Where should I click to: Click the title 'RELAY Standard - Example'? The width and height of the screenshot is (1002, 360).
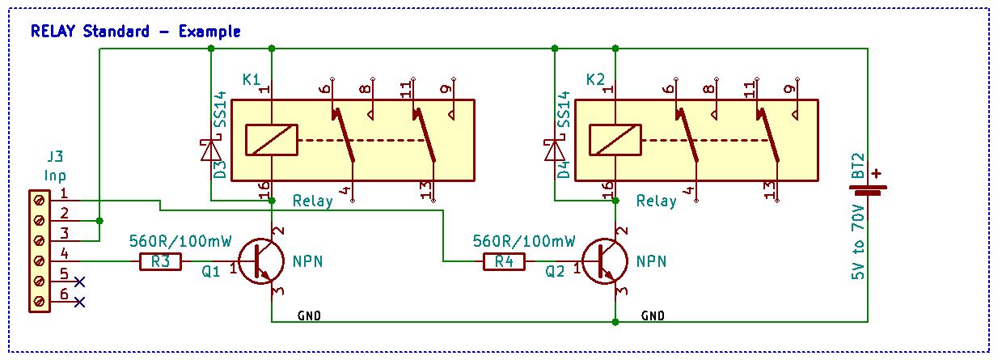[x=135, y=32]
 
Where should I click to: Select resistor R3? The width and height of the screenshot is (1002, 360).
[x=160, y=261]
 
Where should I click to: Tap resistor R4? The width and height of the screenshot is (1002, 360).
[x=504, y=261]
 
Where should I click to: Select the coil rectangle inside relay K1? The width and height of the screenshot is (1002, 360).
[x=271, y=140]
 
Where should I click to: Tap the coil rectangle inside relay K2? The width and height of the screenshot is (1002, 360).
[x=615, y=140]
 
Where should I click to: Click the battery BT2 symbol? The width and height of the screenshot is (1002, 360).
[x=867, y=190]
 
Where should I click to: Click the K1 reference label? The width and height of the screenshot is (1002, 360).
[x=252, y=79]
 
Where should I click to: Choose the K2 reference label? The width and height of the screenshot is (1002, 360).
[x=595, y=79]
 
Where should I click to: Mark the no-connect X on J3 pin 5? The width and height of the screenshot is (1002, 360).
[x=79, y=282]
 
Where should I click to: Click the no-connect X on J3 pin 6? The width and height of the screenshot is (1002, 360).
[x=79, y=302]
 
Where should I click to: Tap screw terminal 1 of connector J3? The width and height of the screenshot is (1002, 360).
[x=38, y=199]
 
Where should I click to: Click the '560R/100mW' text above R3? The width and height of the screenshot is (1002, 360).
[x=180, y=241]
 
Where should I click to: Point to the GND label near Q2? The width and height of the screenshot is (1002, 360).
[x=653, y=315]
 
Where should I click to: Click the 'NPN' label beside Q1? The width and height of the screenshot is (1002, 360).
[x=309, y=261]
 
